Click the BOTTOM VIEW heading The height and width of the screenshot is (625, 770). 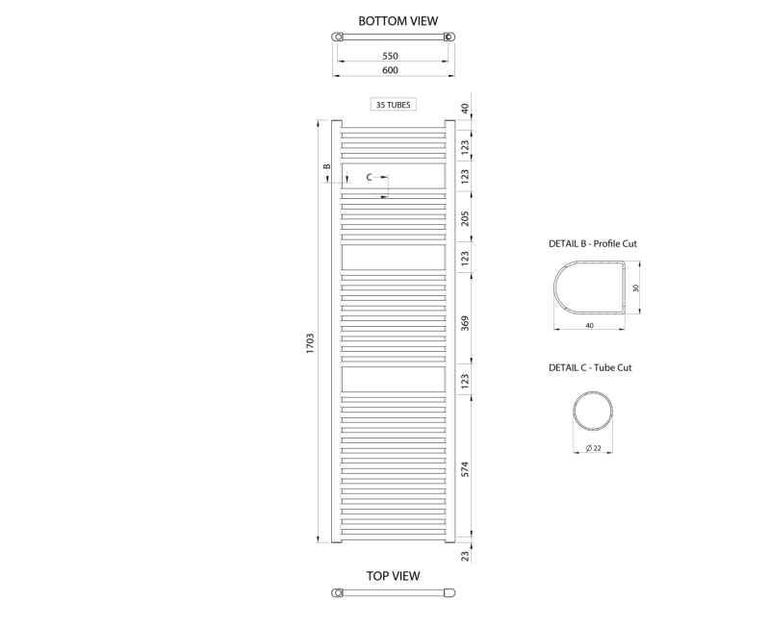pyautogui.click(x=398, y=20)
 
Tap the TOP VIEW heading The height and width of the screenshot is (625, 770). pyautogui.click(x=393, y=576)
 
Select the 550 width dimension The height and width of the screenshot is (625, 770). pyautogui.click(x=390, y=56)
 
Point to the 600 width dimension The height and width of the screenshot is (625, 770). pyautogui.click(x=390, y=70)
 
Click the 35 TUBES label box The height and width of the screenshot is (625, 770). pyautogui.click(x=393, y=104)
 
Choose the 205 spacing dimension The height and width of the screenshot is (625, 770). pyautogui.click(x=465, y=217)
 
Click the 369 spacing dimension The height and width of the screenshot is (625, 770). pyautogui.click(x=465, y=322)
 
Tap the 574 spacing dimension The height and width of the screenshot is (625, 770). pyautogui.click(x=465, y=468)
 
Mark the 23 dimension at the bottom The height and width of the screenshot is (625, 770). pyautogui.click(x=465, y=555)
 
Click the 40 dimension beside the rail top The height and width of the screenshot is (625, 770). pyautogui.click(x=465, y=109)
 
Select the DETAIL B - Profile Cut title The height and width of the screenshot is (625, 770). pyautogui.click(x=593, y=244)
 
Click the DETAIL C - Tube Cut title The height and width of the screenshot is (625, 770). pyautogui.click(x=590, y=367)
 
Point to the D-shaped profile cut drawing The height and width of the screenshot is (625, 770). pyautogui.click(x=588, y=287)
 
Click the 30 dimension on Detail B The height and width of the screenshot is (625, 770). pyautogui.click(x=635, y=287)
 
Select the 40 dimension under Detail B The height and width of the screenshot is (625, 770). pyautogui.click(x=589, y=325)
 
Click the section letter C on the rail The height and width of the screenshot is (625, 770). pyautogui.click(x=369, y=178)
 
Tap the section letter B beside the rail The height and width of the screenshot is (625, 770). pyautogui.click(x=326, y=167)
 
